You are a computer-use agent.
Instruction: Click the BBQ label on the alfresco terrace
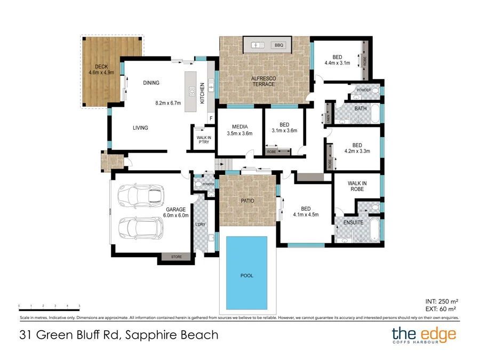pos(278,45)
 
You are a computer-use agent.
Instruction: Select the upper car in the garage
pos(141,196)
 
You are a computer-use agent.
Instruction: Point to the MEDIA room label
pos(239,126)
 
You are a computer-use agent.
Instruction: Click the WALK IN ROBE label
pos(357,186)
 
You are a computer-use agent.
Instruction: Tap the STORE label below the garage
pos(176,257)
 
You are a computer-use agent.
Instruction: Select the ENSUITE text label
pos(353,222)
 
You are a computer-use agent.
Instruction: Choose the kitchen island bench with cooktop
pos(191,92)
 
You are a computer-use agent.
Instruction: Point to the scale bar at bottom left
pos(49,307)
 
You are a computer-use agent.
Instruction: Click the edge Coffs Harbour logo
pos(424,335)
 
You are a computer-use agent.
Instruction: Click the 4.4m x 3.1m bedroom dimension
pos(337,63)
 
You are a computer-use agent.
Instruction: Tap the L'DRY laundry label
pos(201,224)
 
